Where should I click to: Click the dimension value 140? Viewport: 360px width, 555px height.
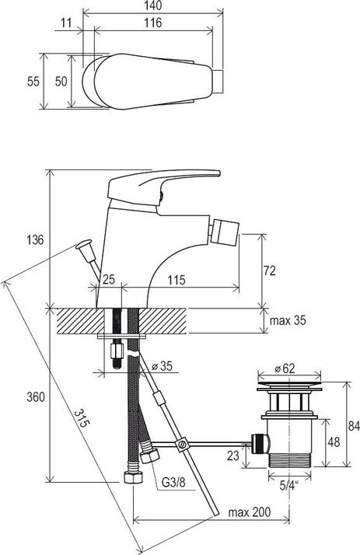click(152, 5)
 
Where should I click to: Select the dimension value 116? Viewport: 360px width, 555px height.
click(152, 23)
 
